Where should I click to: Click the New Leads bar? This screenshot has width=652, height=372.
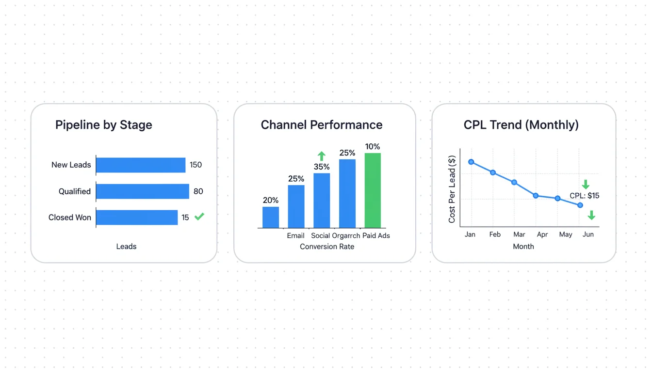click(x=141, y=165)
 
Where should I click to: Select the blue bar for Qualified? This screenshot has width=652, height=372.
click(x=143, y=191)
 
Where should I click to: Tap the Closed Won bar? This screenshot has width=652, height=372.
click(x=137, y=217)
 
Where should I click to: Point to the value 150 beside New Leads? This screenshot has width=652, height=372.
click(x=196, y=165)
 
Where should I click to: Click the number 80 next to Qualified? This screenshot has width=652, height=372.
click(x=198, y=191)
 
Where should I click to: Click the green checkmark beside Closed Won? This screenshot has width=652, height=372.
click(x=199, y=217)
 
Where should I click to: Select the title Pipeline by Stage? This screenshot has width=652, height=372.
click(x=104, y=125)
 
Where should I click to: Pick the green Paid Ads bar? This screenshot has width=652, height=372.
click(x=373, y=190)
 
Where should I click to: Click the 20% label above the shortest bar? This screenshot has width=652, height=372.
click(x=271, y=200)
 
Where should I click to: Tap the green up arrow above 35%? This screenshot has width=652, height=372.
click(x=322, y=156)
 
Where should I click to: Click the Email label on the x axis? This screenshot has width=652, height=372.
click(x=296, y=236)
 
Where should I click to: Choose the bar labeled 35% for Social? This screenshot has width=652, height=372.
click(x=322, y=201)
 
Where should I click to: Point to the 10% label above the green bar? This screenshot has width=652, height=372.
click(x=373, y=146)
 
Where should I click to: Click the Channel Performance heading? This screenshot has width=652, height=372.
click(x=322, y=125)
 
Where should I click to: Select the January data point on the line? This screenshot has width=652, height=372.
click(x=471, y=162)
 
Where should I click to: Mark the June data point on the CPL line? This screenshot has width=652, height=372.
click(x=580, y=205)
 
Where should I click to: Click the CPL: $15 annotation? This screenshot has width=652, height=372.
click(x=585, y=196)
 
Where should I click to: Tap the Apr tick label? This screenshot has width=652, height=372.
click(x=542, y=234)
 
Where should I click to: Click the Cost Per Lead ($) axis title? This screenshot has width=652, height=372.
click(x=452, y=189)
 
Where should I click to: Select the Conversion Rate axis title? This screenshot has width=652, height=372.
click(x=327, y=247)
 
